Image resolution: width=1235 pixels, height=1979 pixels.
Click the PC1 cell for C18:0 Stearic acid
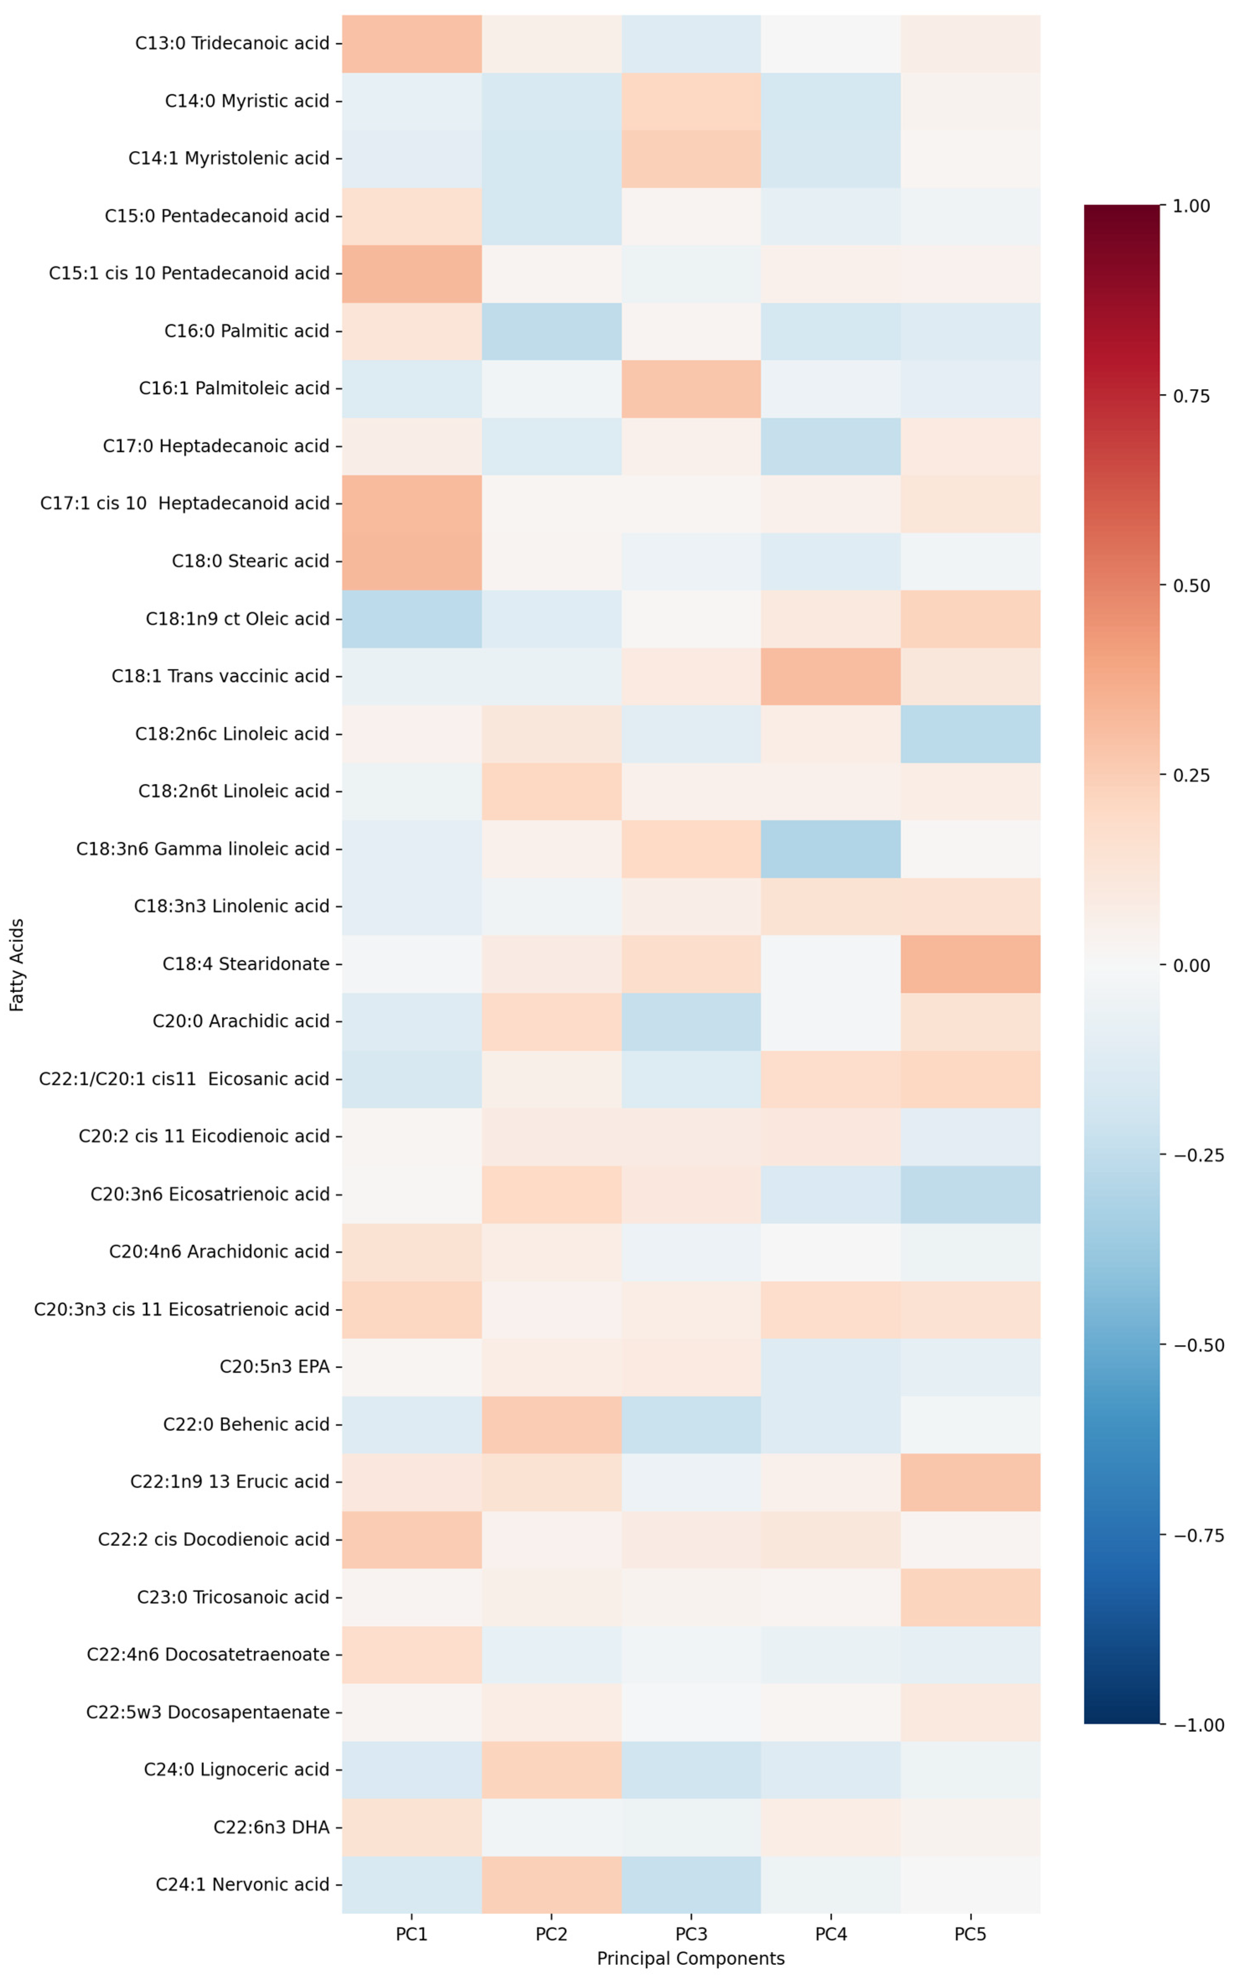412,561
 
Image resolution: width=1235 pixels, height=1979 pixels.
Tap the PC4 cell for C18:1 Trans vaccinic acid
831,676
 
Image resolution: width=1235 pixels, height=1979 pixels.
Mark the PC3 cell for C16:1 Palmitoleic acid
691,388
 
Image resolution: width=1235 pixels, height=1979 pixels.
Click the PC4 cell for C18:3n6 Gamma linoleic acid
831,849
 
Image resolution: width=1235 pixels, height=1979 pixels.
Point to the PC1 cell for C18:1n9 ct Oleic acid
412,619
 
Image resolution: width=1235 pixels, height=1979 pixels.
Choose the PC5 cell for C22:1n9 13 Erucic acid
970,1482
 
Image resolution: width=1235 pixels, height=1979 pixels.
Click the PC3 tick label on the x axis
691,1934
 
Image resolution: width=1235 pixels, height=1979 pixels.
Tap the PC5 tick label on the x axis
970,1934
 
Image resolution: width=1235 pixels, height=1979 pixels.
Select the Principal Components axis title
691,1958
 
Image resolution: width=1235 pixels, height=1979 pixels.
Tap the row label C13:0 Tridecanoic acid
232,43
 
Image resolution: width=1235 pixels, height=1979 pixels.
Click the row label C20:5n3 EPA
274,1367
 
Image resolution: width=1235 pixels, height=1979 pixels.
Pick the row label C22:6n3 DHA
271,1827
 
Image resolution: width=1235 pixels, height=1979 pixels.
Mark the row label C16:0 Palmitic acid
247,331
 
